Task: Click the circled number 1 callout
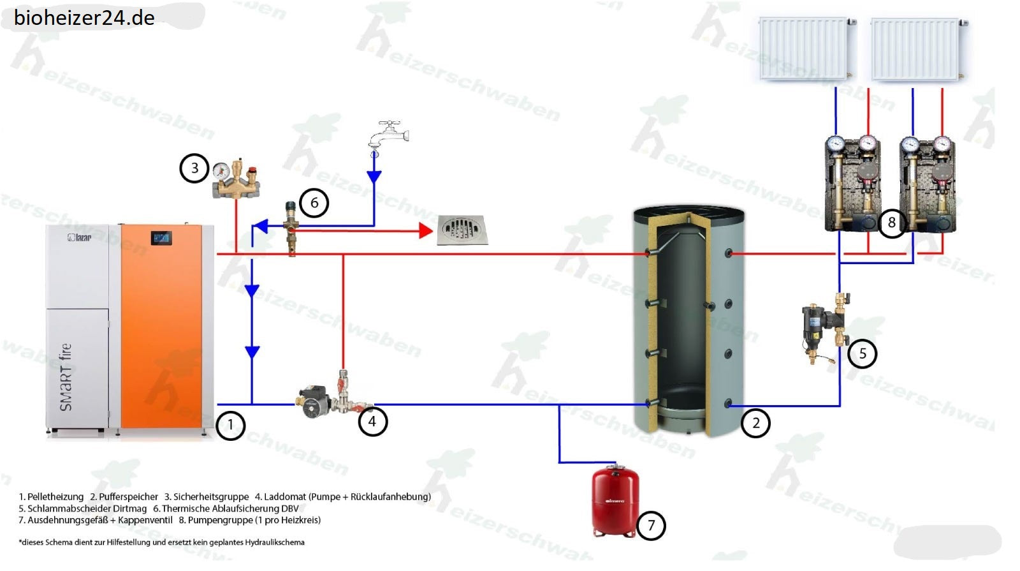coord(230,425)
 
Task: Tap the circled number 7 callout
coord(651,526)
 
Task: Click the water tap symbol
coord(387,134)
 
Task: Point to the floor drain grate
coord(463,230)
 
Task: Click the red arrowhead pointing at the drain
coord(426,231)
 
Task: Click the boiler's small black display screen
coord(161,239)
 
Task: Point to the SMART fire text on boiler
coord(66,377)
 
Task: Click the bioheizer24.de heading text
coord(84,17)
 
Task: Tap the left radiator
coord(803,48)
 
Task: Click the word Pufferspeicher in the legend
coord(128,496)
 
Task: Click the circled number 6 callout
coord(314,203)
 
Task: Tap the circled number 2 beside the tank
coord(755,422)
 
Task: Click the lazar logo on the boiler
coord(80,237)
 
